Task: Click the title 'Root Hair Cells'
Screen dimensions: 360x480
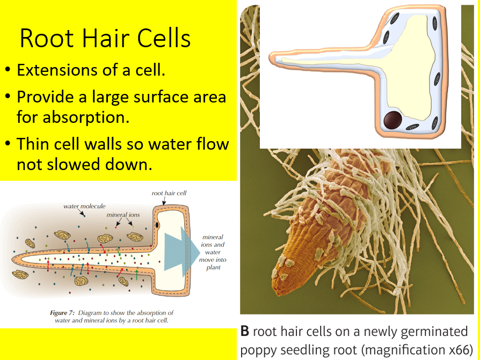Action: pyautogui.click(x=105, y=39)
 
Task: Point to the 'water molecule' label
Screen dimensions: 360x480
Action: pyautogui.click(x=84, y=205)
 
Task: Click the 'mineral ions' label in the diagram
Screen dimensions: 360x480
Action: pyautogui.click(x=123, y=215)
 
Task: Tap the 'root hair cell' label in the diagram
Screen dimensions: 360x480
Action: pyautogui.click(x=169, y=193)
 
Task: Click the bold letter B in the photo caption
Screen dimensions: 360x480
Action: pyautogui.click(x=245, y=331)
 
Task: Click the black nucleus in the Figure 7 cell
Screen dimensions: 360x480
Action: pyautogui.click(x=157, y=224)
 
